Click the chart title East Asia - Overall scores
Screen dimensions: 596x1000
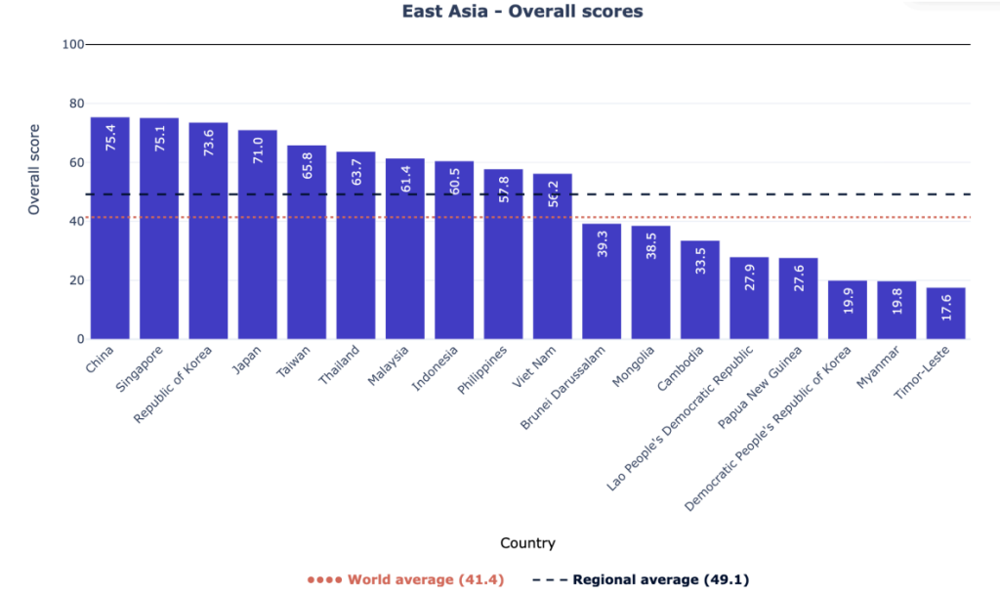click(522, 12)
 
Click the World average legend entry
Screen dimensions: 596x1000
click(406, 579)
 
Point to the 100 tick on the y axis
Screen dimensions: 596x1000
click(72, 45)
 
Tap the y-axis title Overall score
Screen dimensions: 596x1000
click(34, 169)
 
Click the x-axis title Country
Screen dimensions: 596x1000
click(527, 543)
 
